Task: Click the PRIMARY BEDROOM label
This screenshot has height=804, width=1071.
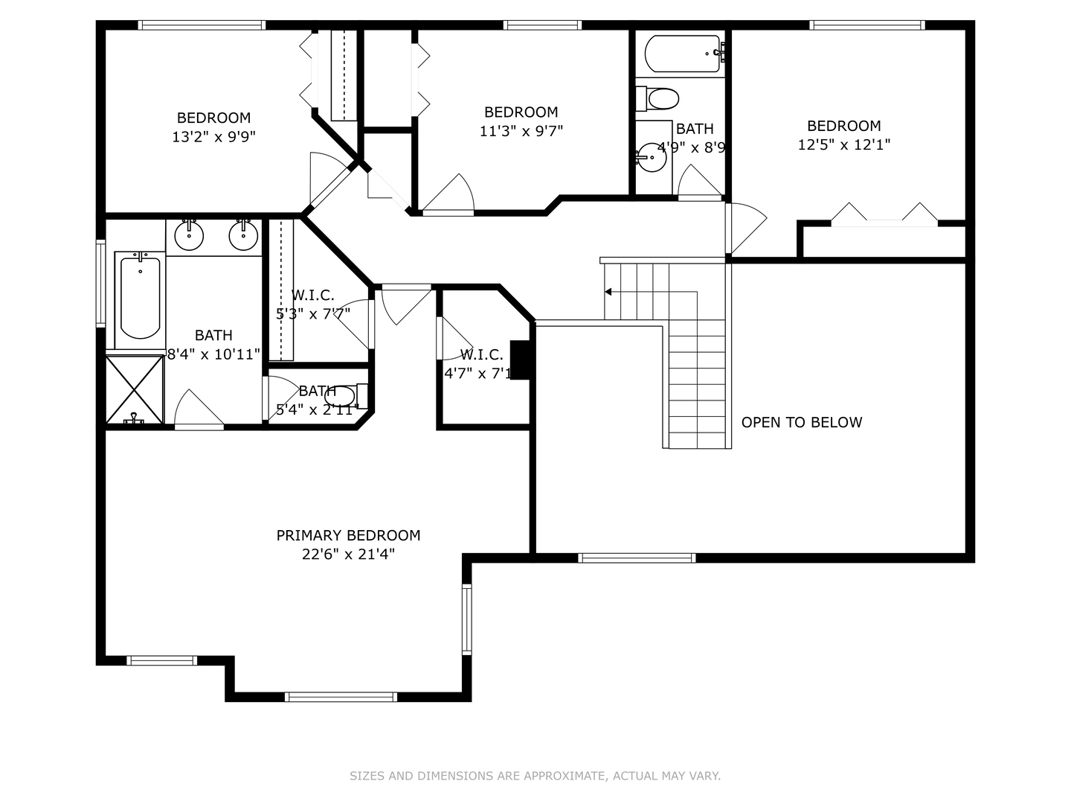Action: (348, 535)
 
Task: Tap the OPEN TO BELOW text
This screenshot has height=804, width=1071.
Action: (802, 422)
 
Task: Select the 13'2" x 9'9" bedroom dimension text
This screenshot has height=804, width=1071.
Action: (213, 137)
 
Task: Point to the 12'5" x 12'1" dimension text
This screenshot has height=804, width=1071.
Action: (844, 144)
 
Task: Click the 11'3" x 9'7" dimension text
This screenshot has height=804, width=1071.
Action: (521, 131)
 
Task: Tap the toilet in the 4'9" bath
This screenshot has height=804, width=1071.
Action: (657, 99)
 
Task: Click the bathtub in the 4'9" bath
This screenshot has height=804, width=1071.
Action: (684, 54)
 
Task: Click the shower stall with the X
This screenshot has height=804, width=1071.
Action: (135, 389)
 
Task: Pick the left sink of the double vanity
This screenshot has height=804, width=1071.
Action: (189, 235)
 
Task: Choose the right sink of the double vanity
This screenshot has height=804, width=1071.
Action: (243, 235)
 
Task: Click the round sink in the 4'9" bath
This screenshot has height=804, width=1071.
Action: (652, 157)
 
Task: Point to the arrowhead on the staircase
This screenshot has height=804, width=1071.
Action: (608, 292)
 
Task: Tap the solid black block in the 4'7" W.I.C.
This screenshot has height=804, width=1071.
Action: (520, 360)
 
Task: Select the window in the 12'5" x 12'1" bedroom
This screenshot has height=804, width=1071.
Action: (867, 25)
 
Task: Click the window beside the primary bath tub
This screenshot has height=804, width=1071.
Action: (100, 283)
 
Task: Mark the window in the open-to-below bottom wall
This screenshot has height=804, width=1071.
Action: (637, 558)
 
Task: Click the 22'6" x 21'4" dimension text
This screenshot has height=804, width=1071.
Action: (348, 555)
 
